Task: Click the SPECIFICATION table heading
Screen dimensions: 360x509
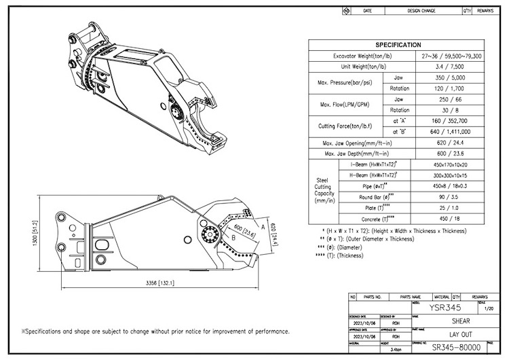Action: [398, 45]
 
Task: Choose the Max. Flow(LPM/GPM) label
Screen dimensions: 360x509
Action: [346, 104]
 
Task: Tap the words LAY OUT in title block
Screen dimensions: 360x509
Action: [448, 334]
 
